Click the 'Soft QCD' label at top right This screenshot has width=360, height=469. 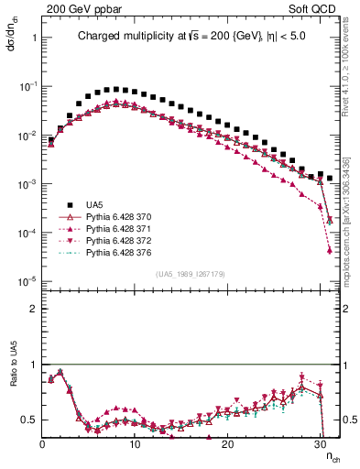pos(316,7)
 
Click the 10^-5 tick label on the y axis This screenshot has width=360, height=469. pos(27,280)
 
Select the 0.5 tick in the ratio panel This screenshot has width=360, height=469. pos(29,420)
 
